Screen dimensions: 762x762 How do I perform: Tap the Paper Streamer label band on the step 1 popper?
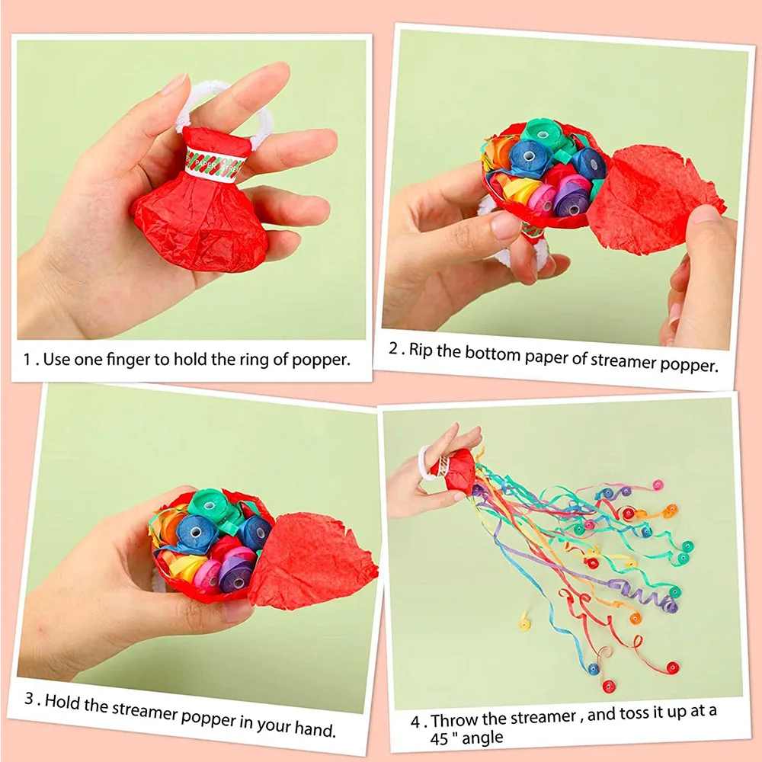pyautogui.click(x=216, y=162)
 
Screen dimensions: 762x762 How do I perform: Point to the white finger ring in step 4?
pyautogui.click(x=424, y=463)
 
